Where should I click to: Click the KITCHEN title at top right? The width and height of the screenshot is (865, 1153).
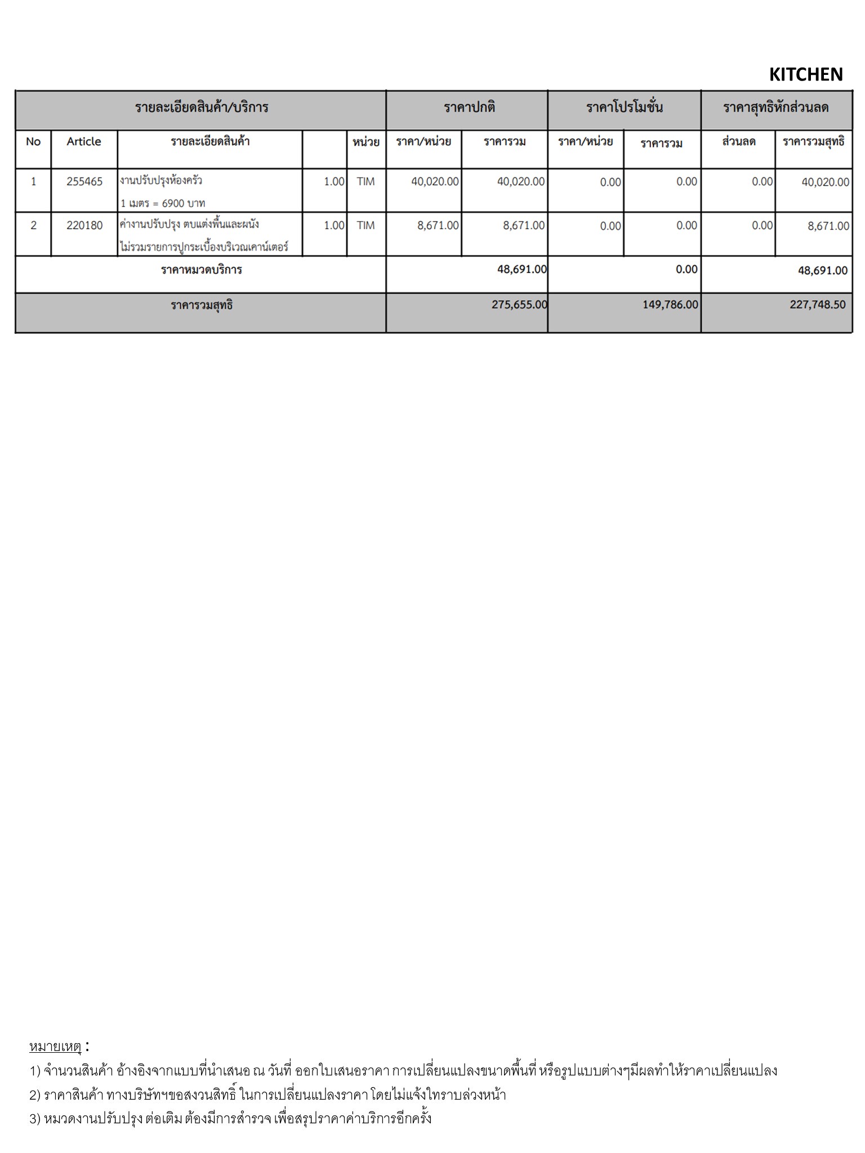pyautogui.click(x=805, y=74)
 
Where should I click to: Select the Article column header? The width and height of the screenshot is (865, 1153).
pyautogui.click(x=84, y=141)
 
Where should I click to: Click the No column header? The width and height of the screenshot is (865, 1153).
pyautogui.click(x=33, y=141)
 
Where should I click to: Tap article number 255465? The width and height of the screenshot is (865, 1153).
pyautogui.click(x=84, y=181)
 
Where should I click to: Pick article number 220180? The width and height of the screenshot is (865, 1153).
pyautogui.click(x=84, y=225)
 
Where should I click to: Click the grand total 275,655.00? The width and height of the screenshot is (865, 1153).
pyautogui.click(x=519, y=305)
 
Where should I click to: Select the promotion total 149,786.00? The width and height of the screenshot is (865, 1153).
pyautogui.click(x=670, y=305)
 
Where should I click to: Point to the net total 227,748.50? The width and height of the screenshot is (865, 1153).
pyautogui.click(x=817, y=305)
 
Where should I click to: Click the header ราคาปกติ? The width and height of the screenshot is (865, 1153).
pyautogui.click(x=469, y=107)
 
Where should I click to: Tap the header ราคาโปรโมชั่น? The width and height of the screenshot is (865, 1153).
pyautogui.click(x=625, y=107)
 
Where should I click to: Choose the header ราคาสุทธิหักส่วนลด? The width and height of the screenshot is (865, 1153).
pyautogui.click(x=775, y=107)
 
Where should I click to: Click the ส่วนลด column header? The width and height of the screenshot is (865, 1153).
pyautogui.click(x=738, y=141)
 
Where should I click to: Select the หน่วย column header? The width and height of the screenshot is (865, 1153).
pyautogui.click(x=365, y=142)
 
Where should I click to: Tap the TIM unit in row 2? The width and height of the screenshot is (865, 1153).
pyautogui.click(x=365, y=225)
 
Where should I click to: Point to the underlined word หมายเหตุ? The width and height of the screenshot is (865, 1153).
pyautogui.click(x=55, y=1047)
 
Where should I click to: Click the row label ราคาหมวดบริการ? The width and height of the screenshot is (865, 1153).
pyautogui.click(x=201, y=270)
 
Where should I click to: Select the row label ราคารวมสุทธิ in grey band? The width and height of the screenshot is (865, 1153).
pyautogui.click(x=202, y=305)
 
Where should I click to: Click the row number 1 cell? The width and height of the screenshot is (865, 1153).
pyautogui.click(x=33, y=181)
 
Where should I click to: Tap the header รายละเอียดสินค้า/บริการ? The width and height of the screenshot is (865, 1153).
pyautogui.click(x=201, y=107)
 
